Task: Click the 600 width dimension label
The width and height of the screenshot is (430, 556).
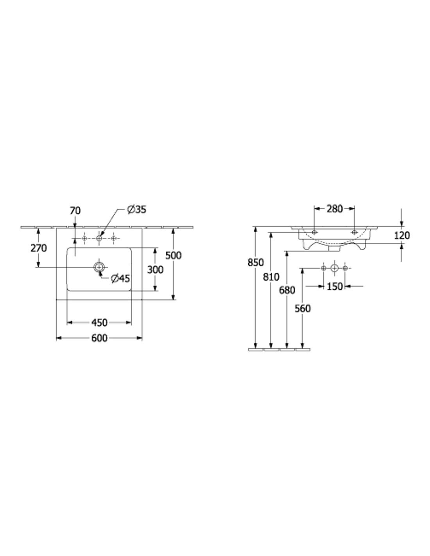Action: coord(99,338)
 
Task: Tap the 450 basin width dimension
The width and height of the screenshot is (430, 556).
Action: coord(99,323)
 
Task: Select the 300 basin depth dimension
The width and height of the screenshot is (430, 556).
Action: coord(155,269)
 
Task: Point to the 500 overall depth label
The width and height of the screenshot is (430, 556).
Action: coord(174,255)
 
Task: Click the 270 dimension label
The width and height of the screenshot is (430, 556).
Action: coord(39,248)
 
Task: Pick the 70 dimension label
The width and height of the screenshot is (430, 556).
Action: coord(75,211)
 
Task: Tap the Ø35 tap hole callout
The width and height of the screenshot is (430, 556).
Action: coord(136,210)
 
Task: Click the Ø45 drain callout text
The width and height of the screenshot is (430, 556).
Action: coord(120,278)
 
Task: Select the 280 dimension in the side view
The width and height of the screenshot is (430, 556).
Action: coord(334,209)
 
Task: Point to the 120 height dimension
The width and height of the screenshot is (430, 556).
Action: coord(402,235)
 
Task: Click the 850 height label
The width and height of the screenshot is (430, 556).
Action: coord(255,262)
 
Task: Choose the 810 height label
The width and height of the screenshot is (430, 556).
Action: coord(271,276)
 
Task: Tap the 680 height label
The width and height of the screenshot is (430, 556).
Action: coord(287,290)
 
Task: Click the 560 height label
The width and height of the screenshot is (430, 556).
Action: coord(303,308)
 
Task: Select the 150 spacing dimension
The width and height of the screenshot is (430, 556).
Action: coord(334,286)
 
